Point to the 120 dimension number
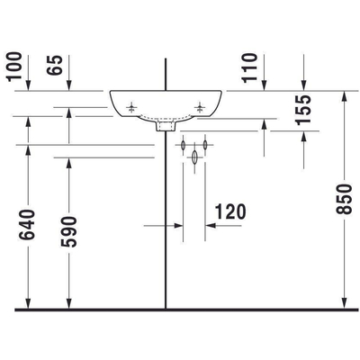tap(231, 212)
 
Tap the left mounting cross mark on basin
tap(133, 107)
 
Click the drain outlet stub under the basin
tap(165, 127)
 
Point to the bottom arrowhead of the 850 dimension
tap(346, 303)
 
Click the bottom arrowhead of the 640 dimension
tap(29, 303)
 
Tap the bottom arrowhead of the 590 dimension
tap(69, 303)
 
